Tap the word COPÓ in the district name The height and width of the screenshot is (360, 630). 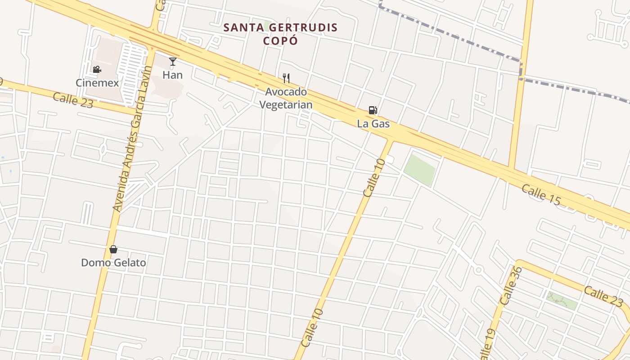coord(280,40)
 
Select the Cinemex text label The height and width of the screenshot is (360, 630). coord(97,83)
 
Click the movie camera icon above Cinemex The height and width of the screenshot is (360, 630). coord(97,69)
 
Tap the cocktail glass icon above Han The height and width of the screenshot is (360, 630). coord(173,61)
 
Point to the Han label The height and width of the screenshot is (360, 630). coord(173,75)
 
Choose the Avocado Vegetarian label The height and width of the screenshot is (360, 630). coord(286,98)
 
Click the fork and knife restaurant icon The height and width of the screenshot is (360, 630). coord(286,78)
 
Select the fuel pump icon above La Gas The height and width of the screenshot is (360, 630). coord(373,110)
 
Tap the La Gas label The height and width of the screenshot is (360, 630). coord(373,123)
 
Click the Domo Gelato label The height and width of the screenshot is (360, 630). coord(113,262)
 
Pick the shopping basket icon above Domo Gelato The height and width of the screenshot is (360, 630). coord(113,249)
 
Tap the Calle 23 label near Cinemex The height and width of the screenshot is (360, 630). coord(73,100)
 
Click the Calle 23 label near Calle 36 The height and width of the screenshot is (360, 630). coord(603,295)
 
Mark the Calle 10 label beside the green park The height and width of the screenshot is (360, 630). coord(374,177)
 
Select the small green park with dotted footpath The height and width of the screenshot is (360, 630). coord(562,300)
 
